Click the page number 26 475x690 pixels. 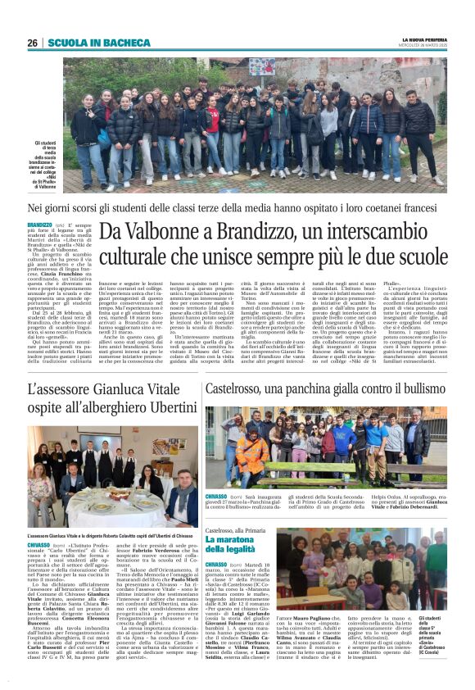click(32, 43)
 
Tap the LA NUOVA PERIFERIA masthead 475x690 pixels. click(424, 39)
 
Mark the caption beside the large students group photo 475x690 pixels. click(50, 163)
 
